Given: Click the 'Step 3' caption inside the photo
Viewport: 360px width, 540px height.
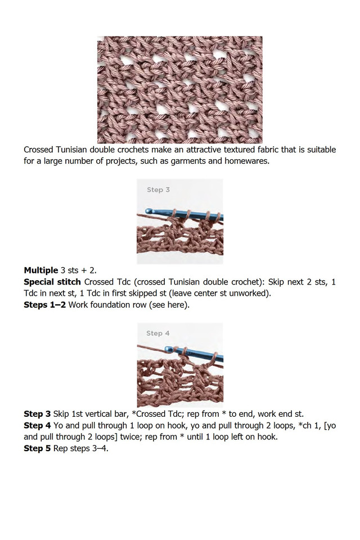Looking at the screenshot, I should (x=158, y=190).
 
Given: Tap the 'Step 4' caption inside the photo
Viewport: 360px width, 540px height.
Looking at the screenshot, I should (x=157, y=333).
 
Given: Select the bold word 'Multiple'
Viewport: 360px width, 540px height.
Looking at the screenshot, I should (x=40, y=270).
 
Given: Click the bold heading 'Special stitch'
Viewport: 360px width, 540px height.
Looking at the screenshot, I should (x=52, y=281).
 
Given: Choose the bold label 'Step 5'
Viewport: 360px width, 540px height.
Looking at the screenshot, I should (x=37, y=448).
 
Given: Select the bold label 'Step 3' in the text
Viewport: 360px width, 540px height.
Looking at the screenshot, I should (x=37, y=413).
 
